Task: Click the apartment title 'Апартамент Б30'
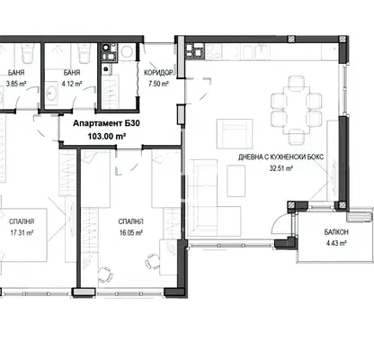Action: point(106,123)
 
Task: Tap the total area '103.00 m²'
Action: point(106,137)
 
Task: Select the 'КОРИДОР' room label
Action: point(158,73)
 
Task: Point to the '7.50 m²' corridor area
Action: point(158,84)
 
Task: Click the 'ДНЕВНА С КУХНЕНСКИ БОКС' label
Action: point(280,157)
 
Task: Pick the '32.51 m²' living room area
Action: point(280,168)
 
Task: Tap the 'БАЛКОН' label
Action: point(336,232)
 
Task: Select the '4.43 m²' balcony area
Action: point(336,243)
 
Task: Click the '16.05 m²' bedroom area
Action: point(130,233)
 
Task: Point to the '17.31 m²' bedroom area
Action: point(22,233)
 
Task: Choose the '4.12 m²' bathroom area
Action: point(72,84)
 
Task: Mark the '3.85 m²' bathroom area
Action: point(16,84)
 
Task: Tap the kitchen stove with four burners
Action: point(194,51)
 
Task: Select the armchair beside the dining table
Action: point(235,134)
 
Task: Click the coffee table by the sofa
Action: point(236,181)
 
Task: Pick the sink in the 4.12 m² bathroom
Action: point(52,94)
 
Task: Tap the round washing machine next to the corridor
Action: point(128,51)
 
